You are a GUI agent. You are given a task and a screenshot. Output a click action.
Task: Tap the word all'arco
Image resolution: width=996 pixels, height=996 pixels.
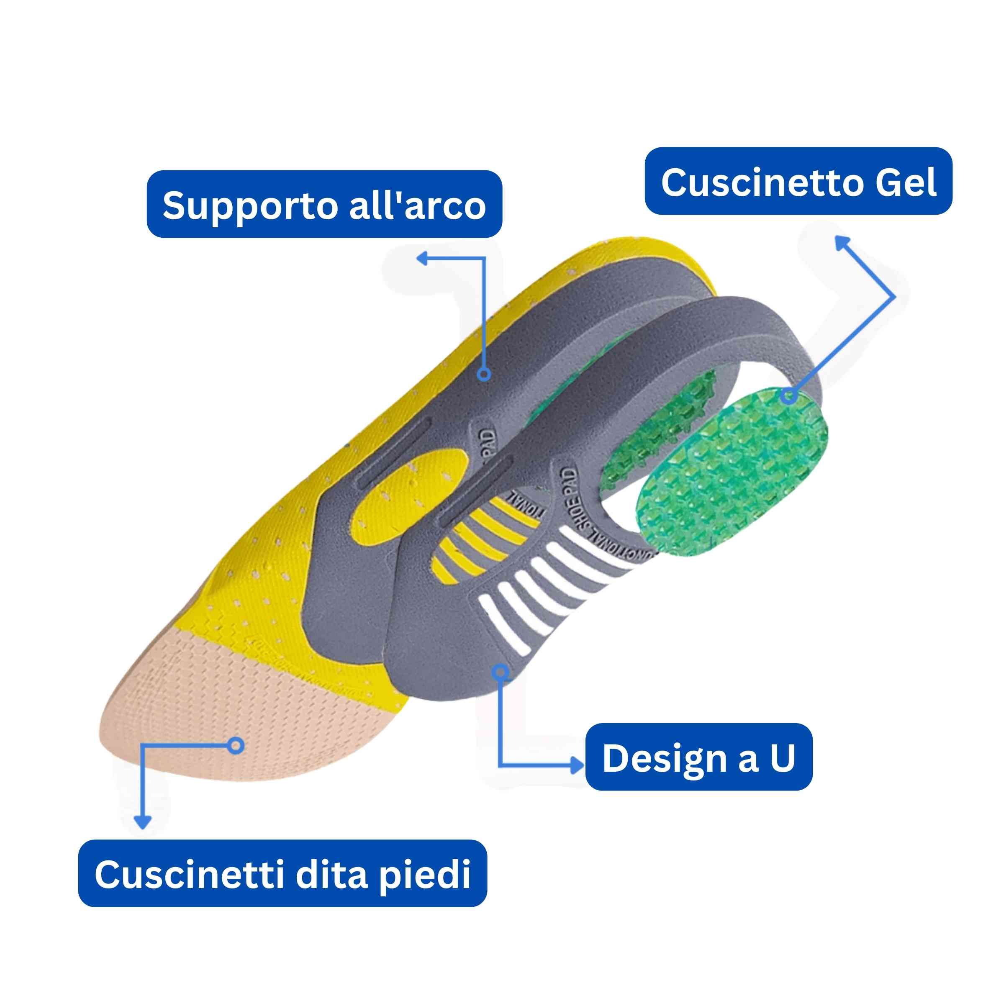(418, 205)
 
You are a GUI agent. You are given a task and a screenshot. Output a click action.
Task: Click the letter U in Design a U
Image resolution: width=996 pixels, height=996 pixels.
(783, 758)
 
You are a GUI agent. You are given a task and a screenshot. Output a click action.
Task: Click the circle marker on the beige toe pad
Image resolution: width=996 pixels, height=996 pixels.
(236, 745)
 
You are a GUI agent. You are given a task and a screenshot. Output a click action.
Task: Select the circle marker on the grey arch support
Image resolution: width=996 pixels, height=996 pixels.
(484, 374)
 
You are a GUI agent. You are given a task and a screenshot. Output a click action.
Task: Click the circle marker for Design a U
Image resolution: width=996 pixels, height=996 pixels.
(500, 672)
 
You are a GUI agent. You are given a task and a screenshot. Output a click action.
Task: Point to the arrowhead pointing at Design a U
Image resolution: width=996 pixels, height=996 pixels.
(578, 765)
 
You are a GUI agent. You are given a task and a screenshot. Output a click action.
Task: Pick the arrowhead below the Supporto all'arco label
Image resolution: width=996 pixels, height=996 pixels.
(423, 258)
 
